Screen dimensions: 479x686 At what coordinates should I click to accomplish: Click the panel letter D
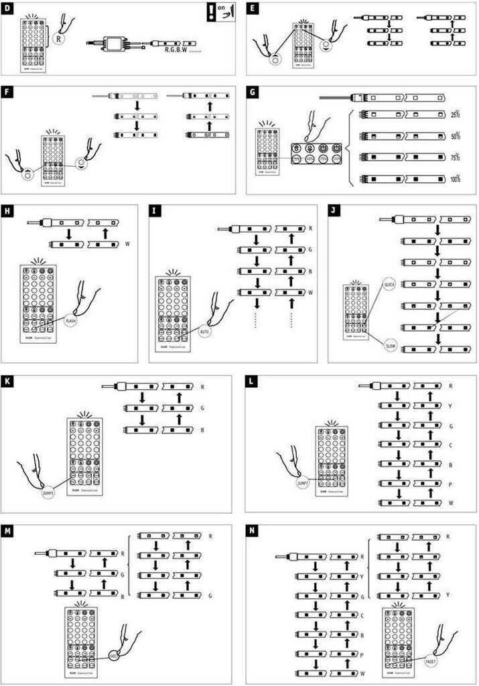point(9,9)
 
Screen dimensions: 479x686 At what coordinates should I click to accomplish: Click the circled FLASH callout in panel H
point(70,322)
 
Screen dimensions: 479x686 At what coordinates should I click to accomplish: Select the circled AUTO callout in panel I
point(205,331)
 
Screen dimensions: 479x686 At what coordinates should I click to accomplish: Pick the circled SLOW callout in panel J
point(391,346)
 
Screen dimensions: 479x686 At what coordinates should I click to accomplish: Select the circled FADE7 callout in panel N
point(432,661)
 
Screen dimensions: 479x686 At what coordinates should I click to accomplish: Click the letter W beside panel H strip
point(127,244)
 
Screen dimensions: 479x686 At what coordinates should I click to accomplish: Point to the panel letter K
point(9,381)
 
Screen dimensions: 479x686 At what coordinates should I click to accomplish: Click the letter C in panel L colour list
point(450,444)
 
